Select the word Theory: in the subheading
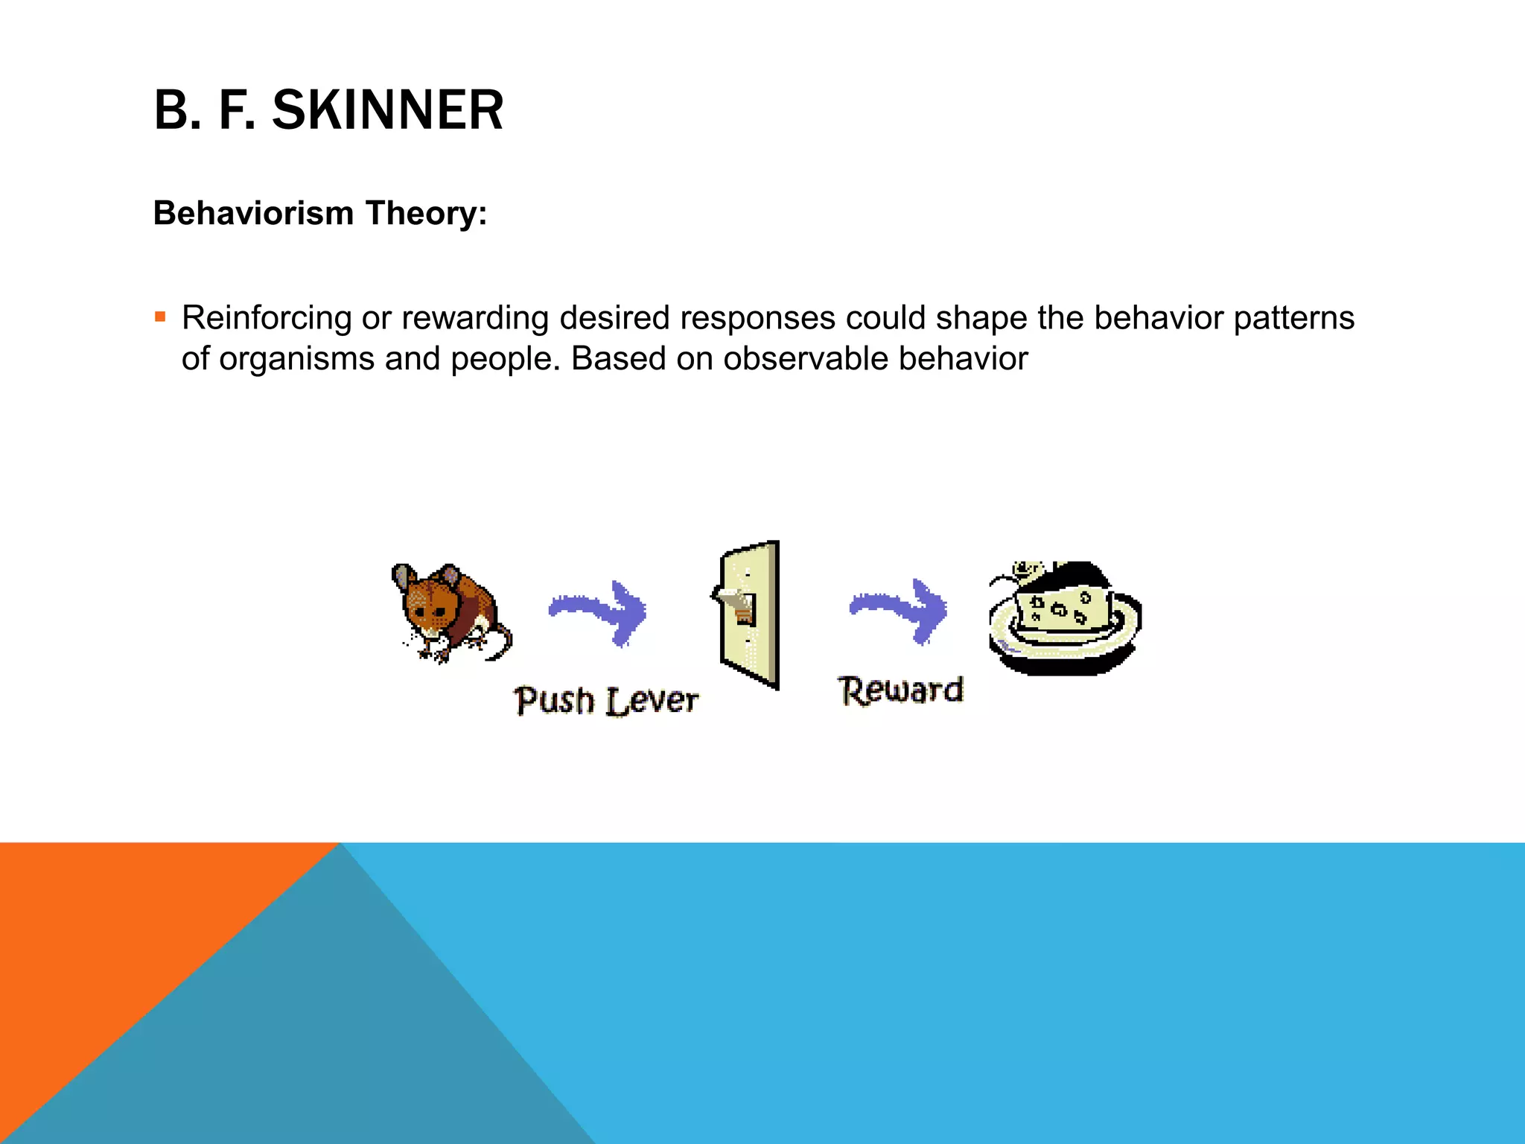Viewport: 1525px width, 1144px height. pos(426,213)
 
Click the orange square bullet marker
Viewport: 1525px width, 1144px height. pos(160,317)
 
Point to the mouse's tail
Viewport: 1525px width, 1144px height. pos(503,645)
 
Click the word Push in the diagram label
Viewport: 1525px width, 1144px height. pos(555,701)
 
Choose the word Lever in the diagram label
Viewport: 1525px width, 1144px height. pos(652,701)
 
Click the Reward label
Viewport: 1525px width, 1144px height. pos(900,690)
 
